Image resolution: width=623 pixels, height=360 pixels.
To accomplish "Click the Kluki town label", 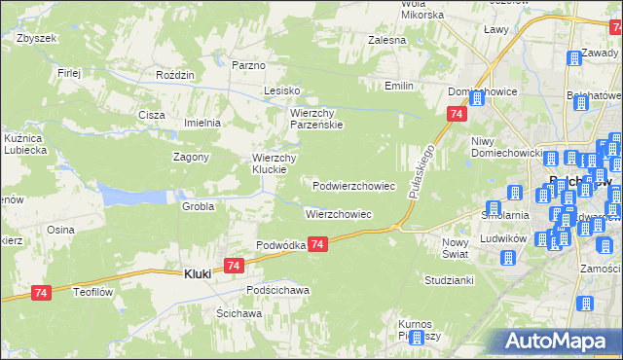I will point(198,274).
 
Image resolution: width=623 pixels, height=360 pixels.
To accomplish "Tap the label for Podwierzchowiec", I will point(353,185).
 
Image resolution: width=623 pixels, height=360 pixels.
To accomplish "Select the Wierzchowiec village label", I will point(339,213).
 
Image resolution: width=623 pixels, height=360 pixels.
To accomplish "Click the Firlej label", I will point(68,73).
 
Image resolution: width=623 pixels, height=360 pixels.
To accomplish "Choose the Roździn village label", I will point(176,75).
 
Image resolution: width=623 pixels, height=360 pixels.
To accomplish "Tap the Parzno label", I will point(248,65).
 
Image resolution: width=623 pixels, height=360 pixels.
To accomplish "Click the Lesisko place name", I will point(280,90).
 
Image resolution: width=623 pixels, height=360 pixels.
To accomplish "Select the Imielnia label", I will point(203,124).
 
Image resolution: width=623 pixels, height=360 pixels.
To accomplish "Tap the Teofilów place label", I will point(94,290).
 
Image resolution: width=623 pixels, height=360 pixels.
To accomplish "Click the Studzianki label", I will point(449,280).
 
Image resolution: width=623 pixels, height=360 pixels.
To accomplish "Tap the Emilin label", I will point(399,87).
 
